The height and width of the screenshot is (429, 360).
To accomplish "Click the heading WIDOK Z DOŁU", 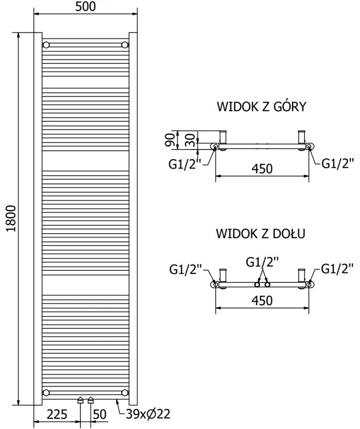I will pos(261,234).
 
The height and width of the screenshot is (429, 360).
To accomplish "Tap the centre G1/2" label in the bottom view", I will pos(262,262).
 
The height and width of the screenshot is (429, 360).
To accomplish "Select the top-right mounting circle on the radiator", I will pos(125,44).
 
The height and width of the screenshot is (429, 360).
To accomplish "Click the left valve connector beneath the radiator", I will pos(80,400).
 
